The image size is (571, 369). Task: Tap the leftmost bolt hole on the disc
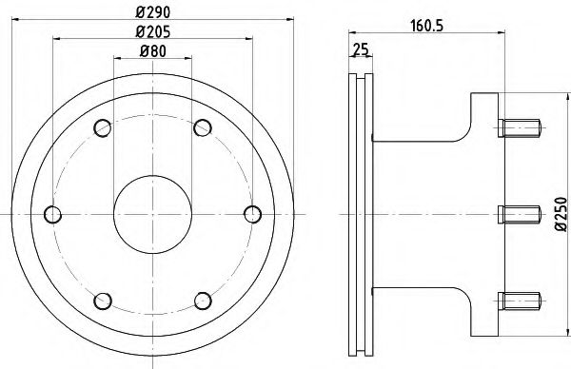point(53,211)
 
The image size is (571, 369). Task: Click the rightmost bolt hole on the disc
point(251,211)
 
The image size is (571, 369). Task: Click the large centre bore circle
point(151,211)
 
